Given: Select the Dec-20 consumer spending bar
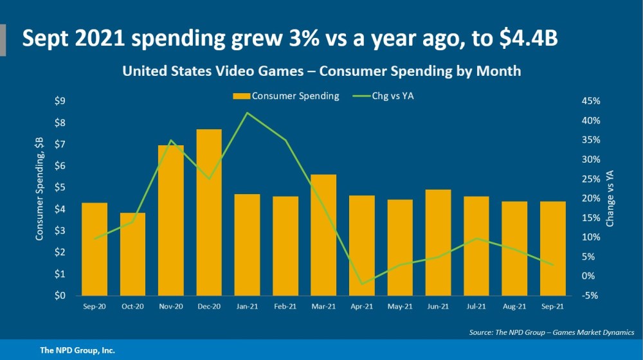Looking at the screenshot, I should click(209, 212).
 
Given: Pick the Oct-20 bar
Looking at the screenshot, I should click(132, 254).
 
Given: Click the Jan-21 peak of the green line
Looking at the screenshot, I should click(248, 113).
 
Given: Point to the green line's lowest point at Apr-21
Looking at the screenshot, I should click(361, 283).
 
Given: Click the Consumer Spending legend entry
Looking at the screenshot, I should click(285, 96).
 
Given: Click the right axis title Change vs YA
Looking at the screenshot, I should click(610, 199).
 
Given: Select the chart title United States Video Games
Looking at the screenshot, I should click(321, 71).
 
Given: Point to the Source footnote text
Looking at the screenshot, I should click(552, 332).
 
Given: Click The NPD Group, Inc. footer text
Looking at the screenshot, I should click(78, 350).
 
